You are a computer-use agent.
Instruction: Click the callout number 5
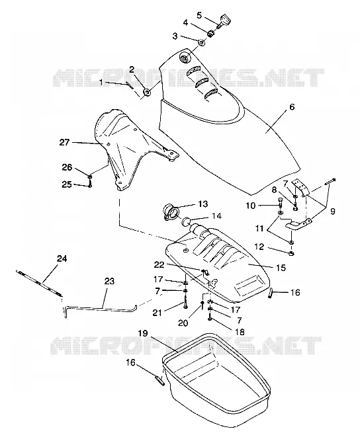click(x=199, y=15)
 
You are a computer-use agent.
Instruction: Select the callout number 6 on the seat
click(x=292, y=107)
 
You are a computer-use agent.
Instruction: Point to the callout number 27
click(x=64, y=142)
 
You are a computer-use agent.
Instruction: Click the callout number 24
click(x=62, y=259)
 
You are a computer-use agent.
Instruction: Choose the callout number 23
click(x=109, y=281)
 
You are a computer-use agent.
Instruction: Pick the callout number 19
click(x=142, y=333)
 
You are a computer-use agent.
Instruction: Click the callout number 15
click(x=281, y=268)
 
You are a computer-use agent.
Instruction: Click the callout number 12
click(x=259, y=247)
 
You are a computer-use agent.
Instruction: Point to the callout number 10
click(x=251, y=206)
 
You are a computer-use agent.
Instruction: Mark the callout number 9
click(x=333, y=211)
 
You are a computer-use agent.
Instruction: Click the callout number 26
click(x=67, y=167)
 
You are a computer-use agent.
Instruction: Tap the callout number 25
click(x=67, y=184)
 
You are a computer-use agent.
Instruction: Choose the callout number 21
click(x=157, y=312)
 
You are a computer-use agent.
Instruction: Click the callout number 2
click(x=132, y=69)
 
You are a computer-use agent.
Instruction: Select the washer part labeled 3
click(x=201, y=42)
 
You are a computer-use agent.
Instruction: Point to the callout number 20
click(x=183, y=323)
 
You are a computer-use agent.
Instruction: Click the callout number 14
click(x=216, y=216)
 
